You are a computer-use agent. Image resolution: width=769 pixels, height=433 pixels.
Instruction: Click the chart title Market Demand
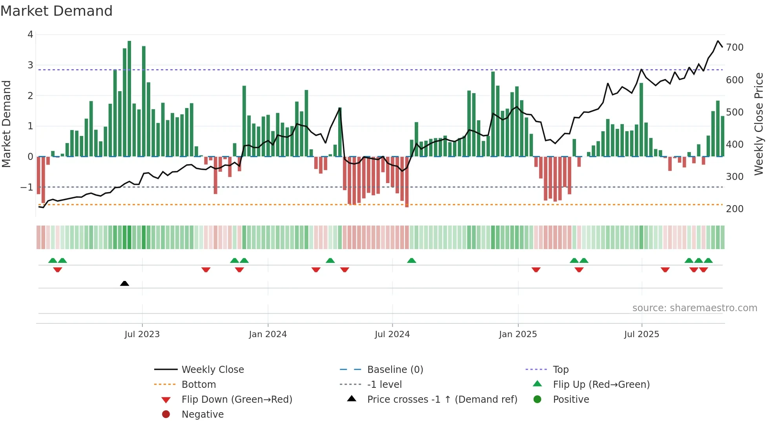(56, 11)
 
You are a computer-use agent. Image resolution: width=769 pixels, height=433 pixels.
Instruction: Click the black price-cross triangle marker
(124, 283)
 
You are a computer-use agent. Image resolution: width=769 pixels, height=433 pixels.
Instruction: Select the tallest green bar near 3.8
(129, 98)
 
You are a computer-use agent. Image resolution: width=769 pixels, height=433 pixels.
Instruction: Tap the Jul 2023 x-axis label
(142, 334)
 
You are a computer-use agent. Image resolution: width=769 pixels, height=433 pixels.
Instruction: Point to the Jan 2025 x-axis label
(518, 334)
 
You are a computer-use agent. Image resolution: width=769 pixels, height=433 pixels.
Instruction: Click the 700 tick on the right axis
(734, 48)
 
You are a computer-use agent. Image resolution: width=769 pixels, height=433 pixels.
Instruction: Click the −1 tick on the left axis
(27, 187)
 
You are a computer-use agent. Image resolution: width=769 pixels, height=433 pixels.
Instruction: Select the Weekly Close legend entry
(212, 370)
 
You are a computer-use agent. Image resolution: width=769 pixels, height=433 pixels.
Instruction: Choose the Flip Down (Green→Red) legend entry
(237, 400)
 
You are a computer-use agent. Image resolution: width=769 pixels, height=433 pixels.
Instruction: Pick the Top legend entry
(560, 370)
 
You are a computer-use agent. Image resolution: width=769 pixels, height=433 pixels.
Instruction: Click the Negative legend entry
(202, 415)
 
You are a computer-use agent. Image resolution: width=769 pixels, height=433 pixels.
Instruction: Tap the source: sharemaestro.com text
(694, 308)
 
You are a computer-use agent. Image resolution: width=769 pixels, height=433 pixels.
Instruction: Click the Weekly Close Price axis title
(759, 124)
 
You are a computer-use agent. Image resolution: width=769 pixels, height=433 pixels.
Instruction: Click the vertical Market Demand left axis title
(6, 124)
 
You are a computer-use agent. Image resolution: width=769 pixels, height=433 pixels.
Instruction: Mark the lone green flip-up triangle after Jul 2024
(412, 261)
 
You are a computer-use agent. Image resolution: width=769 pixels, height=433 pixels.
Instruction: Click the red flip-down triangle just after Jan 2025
(536, 270)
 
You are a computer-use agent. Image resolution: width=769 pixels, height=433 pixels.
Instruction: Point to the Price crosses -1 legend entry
(442, 400)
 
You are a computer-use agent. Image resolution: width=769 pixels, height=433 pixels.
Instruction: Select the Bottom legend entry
(199, 385)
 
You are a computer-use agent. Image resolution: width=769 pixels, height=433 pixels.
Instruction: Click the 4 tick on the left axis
(30, 35)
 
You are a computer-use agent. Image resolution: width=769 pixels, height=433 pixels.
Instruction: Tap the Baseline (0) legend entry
(395, 370)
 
